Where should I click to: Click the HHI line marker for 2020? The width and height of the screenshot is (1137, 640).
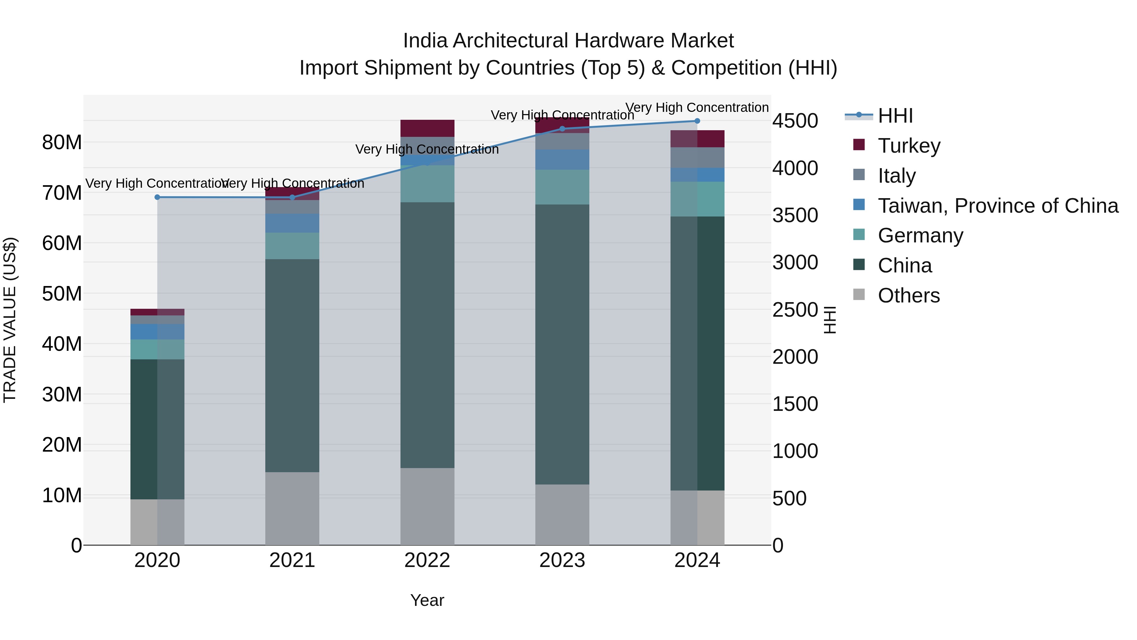[x=157, y=197]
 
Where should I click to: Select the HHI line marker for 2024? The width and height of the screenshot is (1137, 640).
[x=697, y=121]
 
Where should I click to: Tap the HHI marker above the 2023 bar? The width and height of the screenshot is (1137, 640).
[x=562, y=129]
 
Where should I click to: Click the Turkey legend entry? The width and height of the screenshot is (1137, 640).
[x=908, y=145]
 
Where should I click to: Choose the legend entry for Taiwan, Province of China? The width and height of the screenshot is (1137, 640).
[x=997, y=205]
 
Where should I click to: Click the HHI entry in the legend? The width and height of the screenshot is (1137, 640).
[x=895, y=116]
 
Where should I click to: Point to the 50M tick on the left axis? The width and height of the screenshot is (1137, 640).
[x=62, y=294]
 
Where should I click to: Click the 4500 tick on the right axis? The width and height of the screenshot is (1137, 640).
[x=795, y=121]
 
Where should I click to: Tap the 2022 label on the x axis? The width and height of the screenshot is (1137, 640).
[x=427, y=560]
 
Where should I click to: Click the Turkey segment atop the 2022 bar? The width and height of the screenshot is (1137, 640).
[x=427, y=128]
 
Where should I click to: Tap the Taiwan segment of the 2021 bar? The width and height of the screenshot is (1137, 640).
[x=292, y=223]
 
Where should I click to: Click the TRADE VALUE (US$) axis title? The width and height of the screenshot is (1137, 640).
[x=10, y=320]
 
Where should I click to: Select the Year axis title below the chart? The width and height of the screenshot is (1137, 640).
[x=427, y=600]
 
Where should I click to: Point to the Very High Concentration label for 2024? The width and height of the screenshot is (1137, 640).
[x=697, y=107]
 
